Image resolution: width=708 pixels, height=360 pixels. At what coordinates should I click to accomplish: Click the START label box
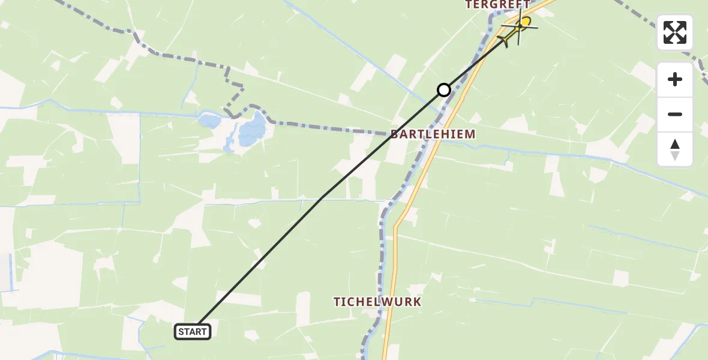tap(193, 331)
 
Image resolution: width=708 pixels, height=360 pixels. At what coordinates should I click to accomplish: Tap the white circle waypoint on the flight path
tap(443, 90)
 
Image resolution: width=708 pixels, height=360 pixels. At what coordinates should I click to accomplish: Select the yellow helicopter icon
tap(518, 27)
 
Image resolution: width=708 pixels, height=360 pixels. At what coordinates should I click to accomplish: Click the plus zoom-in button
tap(675, 79)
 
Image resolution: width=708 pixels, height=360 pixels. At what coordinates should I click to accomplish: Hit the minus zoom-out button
tap(675, 115)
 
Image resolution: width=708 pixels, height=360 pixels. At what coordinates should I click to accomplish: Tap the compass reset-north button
tap(675, 149)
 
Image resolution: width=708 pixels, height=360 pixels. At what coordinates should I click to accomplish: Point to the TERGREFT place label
tap(497, 5)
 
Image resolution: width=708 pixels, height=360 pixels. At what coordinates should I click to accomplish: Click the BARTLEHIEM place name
tap(433, 134)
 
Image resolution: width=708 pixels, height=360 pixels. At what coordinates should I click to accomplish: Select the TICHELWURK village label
tap(377, 302)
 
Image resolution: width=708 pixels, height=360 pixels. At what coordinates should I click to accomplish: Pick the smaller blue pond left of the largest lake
tap(209, 121)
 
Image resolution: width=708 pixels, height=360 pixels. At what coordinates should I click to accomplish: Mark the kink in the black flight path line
tap(322, 197)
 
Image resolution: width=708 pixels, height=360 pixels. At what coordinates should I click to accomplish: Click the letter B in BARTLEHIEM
tap(395, 134)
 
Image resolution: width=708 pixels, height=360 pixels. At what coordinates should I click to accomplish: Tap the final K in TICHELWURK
tap(417, 302)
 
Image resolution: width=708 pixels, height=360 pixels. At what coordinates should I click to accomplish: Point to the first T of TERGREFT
tap(469, 5)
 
